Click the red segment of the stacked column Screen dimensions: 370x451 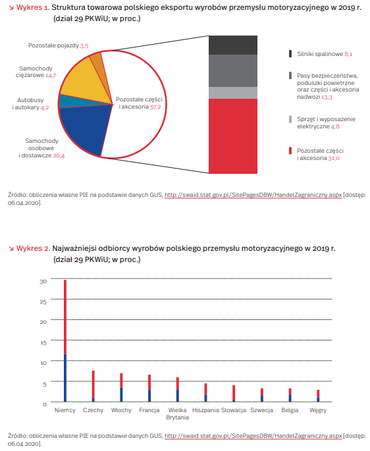pos(233,136)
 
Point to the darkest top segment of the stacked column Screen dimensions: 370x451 pos(233,45)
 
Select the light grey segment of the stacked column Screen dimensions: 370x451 pos(233,93)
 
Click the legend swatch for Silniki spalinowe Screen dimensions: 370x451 pos(290,54)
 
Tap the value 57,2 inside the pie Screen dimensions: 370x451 pos(155,107)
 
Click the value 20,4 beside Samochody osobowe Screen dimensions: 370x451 pos(59,155)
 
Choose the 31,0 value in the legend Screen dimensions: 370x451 pos(334,158)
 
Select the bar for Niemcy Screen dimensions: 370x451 pos(65,340)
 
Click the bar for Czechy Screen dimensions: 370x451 pos(93,386)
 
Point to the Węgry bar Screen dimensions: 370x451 pos(318,396)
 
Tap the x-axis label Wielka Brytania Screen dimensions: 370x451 pos(178,413)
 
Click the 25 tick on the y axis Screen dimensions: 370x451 pos(43,302)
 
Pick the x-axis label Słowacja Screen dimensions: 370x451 pos(234,410)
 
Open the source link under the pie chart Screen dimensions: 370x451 pos(253,195)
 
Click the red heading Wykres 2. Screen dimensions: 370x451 pos(33,248)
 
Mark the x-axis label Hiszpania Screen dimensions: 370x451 pos(205,410)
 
